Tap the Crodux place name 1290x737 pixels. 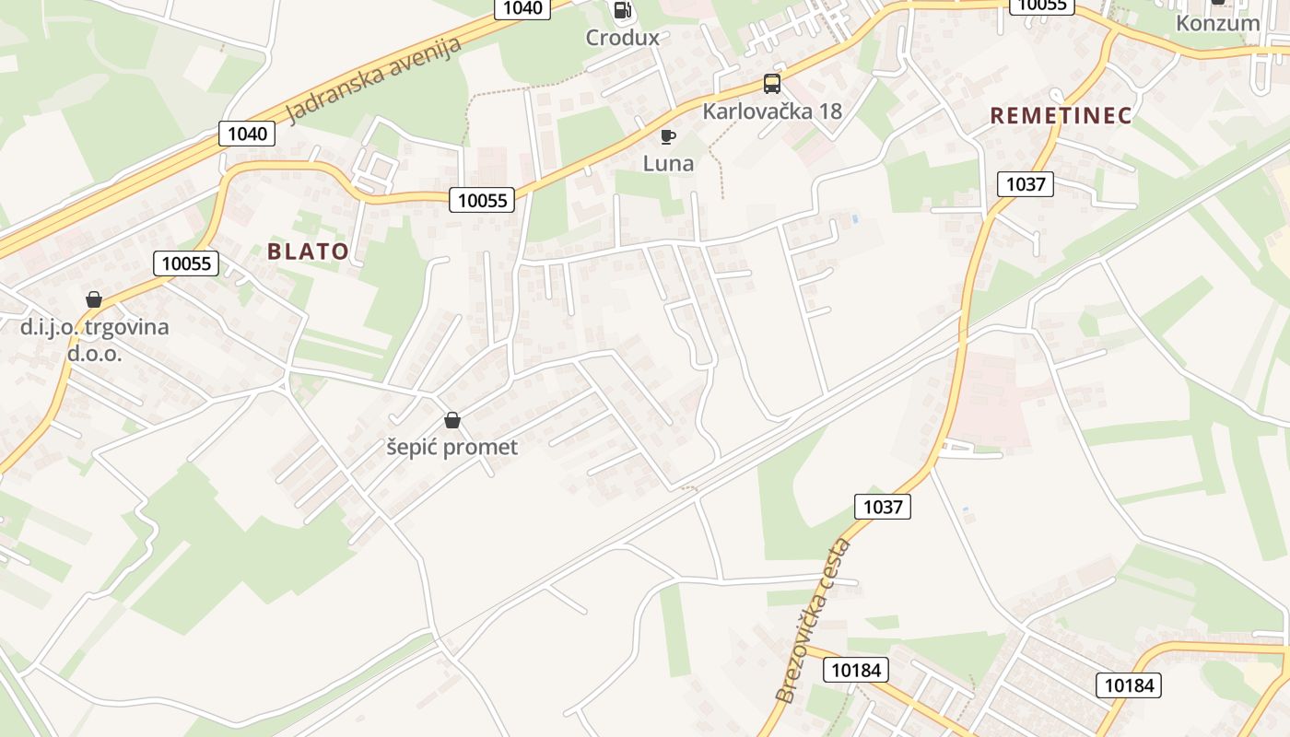623,38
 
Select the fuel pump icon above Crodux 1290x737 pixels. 623,10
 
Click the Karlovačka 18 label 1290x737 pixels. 772,111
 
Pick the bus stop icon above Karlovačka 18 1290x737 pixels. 772,84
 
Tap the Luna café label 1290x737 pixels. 668,164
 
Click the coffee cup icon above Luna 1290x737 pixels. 668,137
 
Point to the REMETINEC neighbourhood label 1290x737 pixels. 1061,116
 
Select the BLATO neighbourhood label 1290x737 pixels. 308,252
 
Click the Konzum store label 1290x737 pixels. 1217,23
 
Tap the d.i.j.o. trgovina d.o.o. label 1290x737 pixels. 94,340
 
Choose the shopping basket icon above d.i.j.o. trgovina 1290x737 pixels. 93,299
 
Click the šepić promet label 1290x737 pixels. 451,448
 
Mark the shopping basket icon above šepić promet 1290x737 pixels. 451,421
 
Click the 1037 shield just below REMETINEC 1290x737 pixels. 1026,184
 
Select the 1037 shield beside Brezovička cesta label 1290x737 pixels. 882,506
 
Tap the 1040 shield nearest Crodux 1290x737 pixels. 523,8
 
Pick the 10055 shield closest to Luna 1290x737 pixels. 483,200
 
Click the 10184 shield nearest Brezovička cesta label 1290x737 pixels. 855,670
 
